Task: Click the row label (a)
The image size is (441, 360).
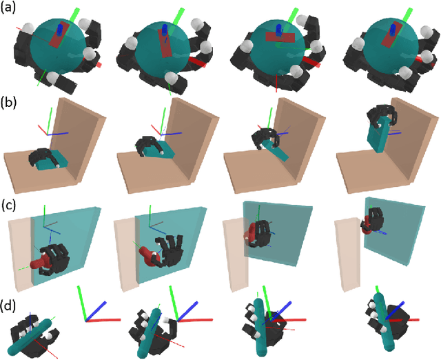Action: (x=8, y=8)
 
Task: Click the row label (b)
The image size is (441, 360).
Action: (x=8, y=103)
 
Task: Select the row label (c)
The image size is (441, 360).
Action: (x=8, y=206)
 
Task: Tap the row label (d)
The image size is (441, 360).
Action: (x=8, y=306)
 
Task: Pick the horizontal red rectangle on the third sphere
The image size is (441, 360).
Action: (x=280, y=37)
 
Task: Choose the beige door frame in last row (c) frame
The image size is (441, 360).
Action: (x=347, y=257)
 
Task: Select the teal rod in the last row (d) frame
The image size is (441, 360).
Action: (x=384, y=321)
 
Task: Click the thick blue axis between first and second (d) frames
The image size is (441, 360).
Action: (x=96, y=311)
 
